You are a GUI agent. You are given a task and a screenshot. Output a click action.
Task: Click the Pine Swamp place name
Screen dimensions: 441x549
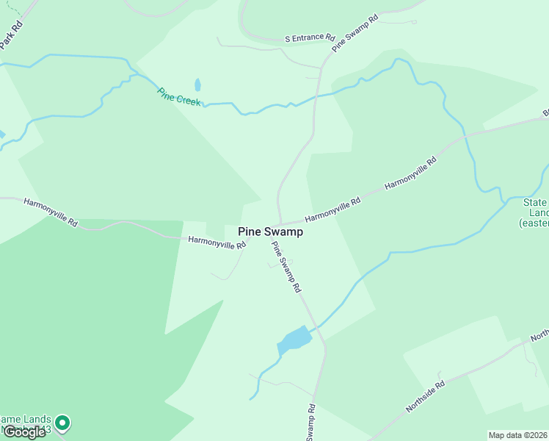271,231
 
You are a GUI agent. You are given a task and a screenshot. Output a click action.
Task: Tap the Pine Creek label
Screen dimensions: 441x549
179,97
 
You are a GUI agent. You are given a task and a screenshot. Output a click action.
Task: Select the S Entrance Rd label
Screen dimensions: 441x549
310,38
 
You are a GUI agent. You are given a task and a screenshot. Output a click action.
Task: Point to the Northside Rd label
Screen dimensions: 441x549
425,396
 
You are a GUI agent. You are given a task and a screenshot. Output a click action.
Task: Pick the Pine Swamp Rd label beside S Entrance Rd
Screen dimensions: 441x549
355,32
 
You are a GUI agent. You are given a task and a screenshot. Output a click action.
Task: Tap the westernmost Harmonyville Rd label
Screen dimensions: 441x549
51,212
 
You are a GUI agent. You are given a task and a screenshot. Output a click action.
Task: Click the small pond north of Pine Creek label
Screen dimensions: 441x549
197,85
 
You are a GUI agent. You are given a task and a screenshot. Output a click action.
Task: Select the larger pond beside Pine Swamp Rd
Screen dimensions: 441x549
295,339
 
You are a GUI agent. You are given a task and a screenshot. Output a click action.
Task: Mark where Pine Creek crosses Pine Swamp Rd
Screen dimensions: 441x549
316,96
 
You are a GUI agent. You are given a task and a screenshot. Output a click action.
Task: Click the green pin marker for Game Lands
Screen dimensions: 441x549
62,422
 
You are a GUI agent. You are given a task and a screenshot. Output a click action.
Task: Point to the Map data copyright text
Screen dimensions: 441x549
517,435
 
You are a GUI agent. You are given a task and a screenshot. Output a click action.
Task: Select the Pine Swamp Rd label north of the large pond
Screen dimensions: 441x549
287,268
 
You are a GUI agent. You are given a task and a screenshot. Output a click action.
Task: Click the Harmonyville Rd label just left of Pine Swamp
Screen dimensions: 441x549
217,242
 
